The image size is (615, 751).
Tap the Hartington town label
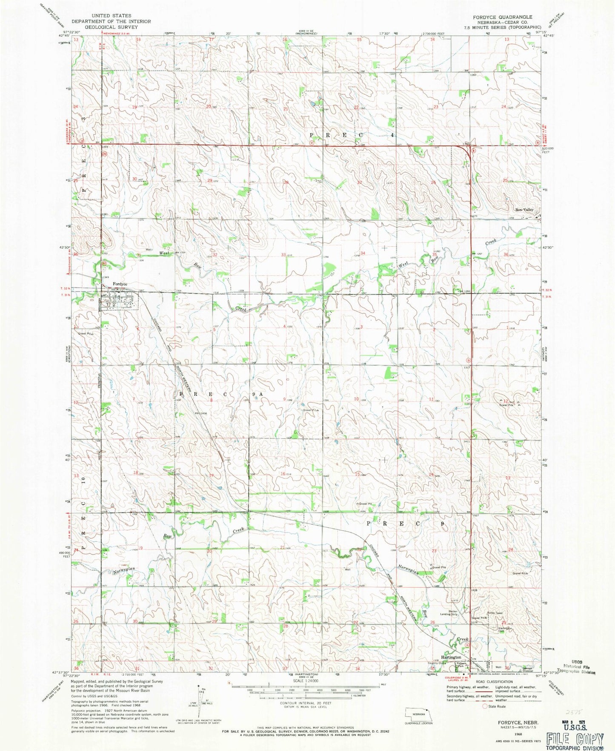tap(451, 657)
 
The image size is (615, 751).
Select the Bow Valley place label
tap(524, 210)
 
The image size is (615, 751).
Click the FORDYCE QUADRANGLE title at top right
tap(502, 17)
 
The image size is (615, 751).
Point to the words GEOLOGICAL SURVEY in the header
tap(111, 26)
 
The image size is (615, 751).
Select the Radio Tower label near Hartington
tap(495, 613)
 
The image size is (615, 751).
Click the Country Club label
tap(436, 663)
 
